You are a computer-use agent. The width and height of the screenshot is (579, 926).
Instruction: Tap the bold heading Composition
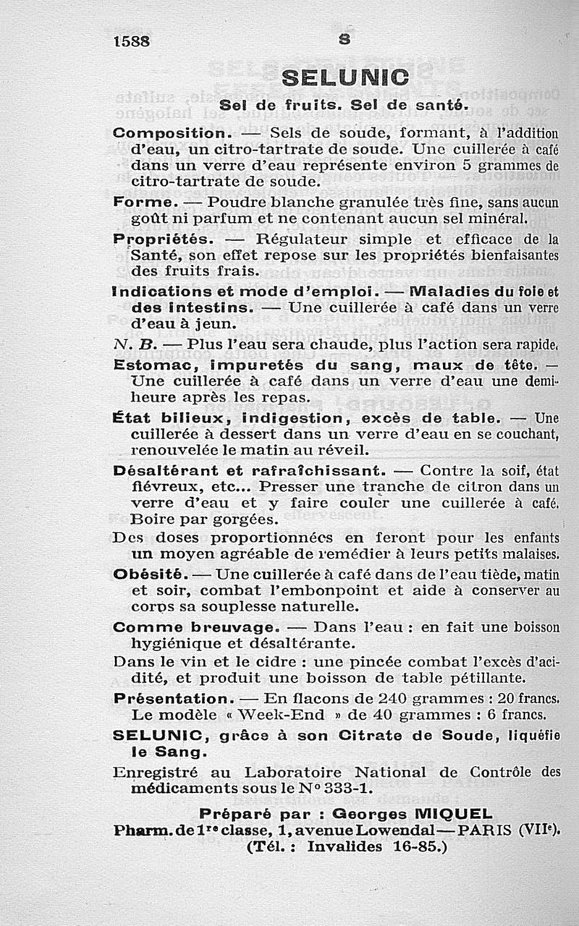172,134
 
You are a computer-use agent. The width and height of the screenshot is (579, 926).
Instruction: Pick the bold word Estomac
148,365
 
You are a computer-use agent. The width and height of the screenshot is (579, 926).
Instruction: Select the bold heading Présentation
171,699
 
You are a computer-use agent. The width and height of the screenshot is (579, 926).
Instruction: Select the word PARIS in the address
481,829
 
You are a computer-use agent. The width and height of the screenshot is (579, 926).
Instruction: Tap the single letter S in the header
345,41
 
